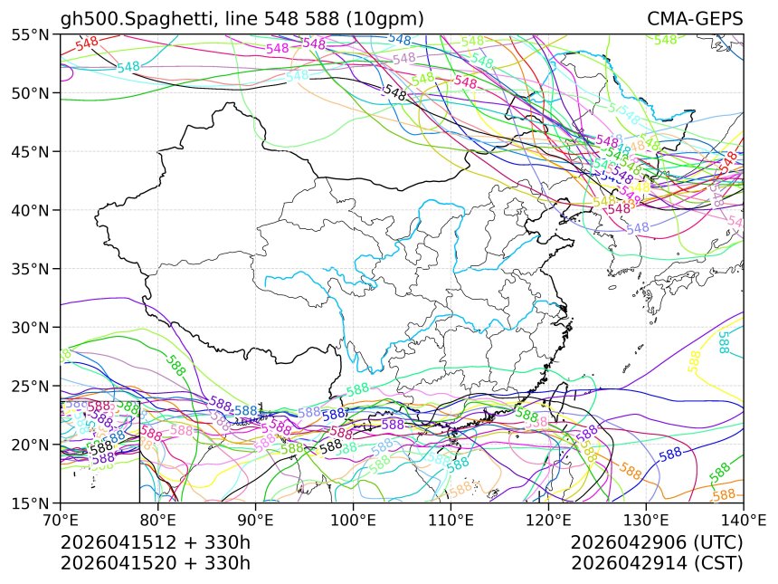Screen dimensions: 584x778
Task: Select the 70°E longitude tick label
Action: tap(61, 521)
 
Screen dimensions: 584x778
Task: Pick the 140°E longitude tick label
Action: tap(743, 521)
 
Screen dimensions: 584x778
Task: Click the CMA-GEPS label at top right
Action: tap(695, 19)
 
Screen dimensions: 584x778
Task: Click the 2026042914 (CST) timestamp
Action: tap(657, 562)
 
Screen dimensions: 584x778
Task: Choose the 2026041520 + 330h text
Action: tap(155, 562)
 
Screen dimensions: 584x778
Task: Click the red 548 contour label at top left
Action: tap(87, 43)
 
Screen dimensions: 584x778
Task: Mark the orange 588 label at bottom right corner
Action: tap(724, 495)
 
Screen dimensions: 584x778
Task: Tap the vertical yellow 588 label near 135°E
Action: tap(694, 360)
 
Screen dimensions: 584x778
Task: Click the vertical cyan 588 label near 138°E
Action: tap(723, 342)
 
